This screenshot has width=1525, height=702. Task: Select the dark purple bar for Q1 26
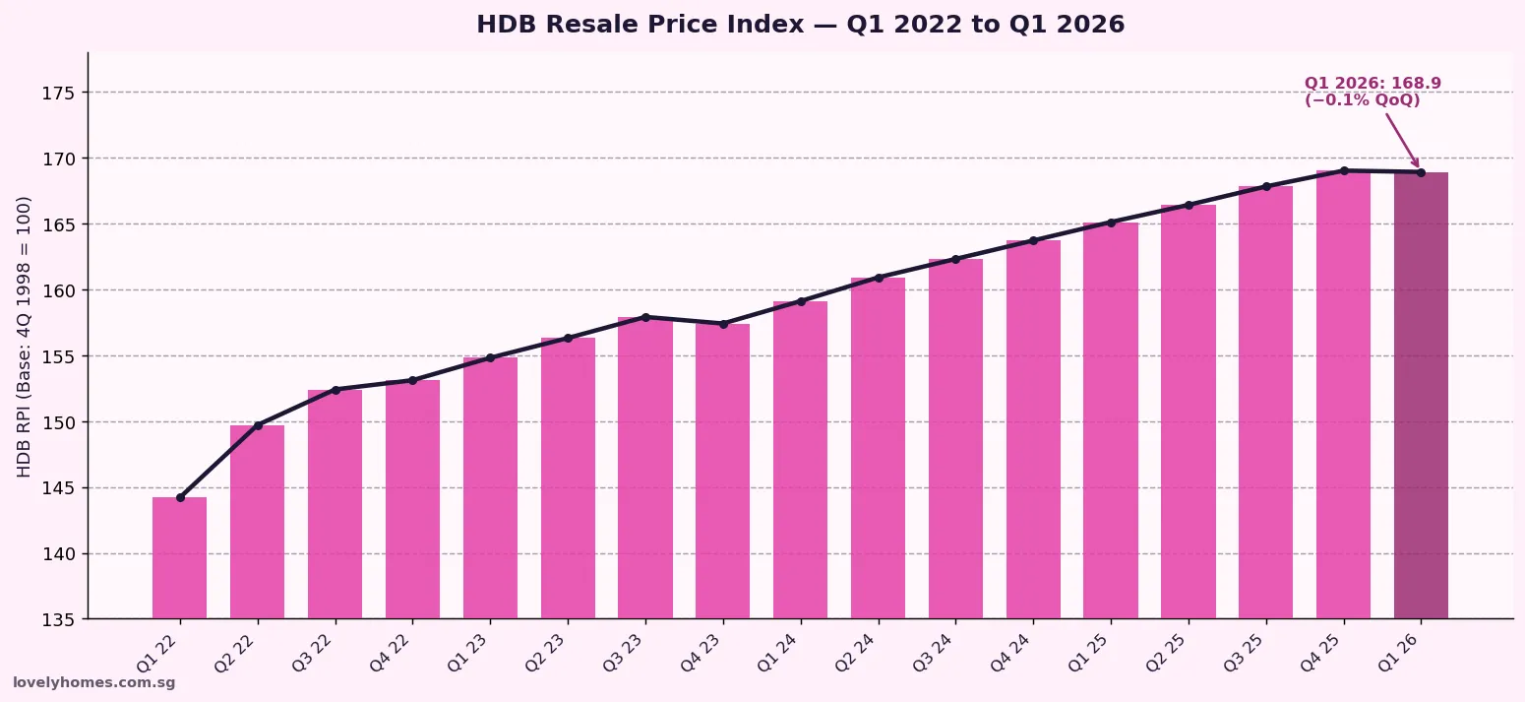1421,394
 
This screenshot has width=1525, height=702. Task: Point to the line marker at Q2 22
258,425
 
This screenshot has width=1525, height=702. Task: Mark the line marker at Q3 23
645,317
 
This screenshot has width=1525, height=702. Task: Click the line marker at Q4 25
1344,170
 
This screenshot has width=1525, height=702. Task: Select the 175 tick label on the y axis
59,93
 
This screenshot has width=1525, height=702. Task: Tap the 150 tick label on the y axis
59,422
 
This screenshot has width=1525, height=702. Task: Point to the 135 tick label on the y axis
59,620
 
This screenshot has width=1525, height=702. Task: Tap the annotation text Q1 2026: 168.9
1372,84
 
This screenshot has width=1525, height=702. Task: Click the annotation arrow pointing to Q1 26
1402,139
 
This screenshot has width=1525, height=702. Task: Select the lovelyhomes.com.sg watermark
93,683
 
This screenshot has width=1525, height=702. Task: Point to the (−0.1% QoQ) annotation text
1362,100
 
